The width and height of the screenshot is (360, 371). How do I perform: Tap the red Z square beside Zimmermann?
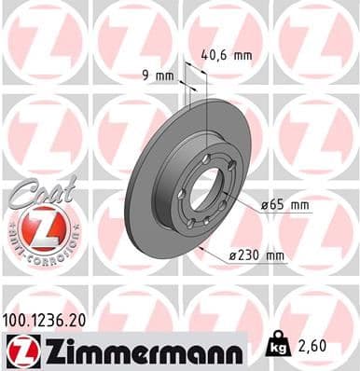tap(18, 351)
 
